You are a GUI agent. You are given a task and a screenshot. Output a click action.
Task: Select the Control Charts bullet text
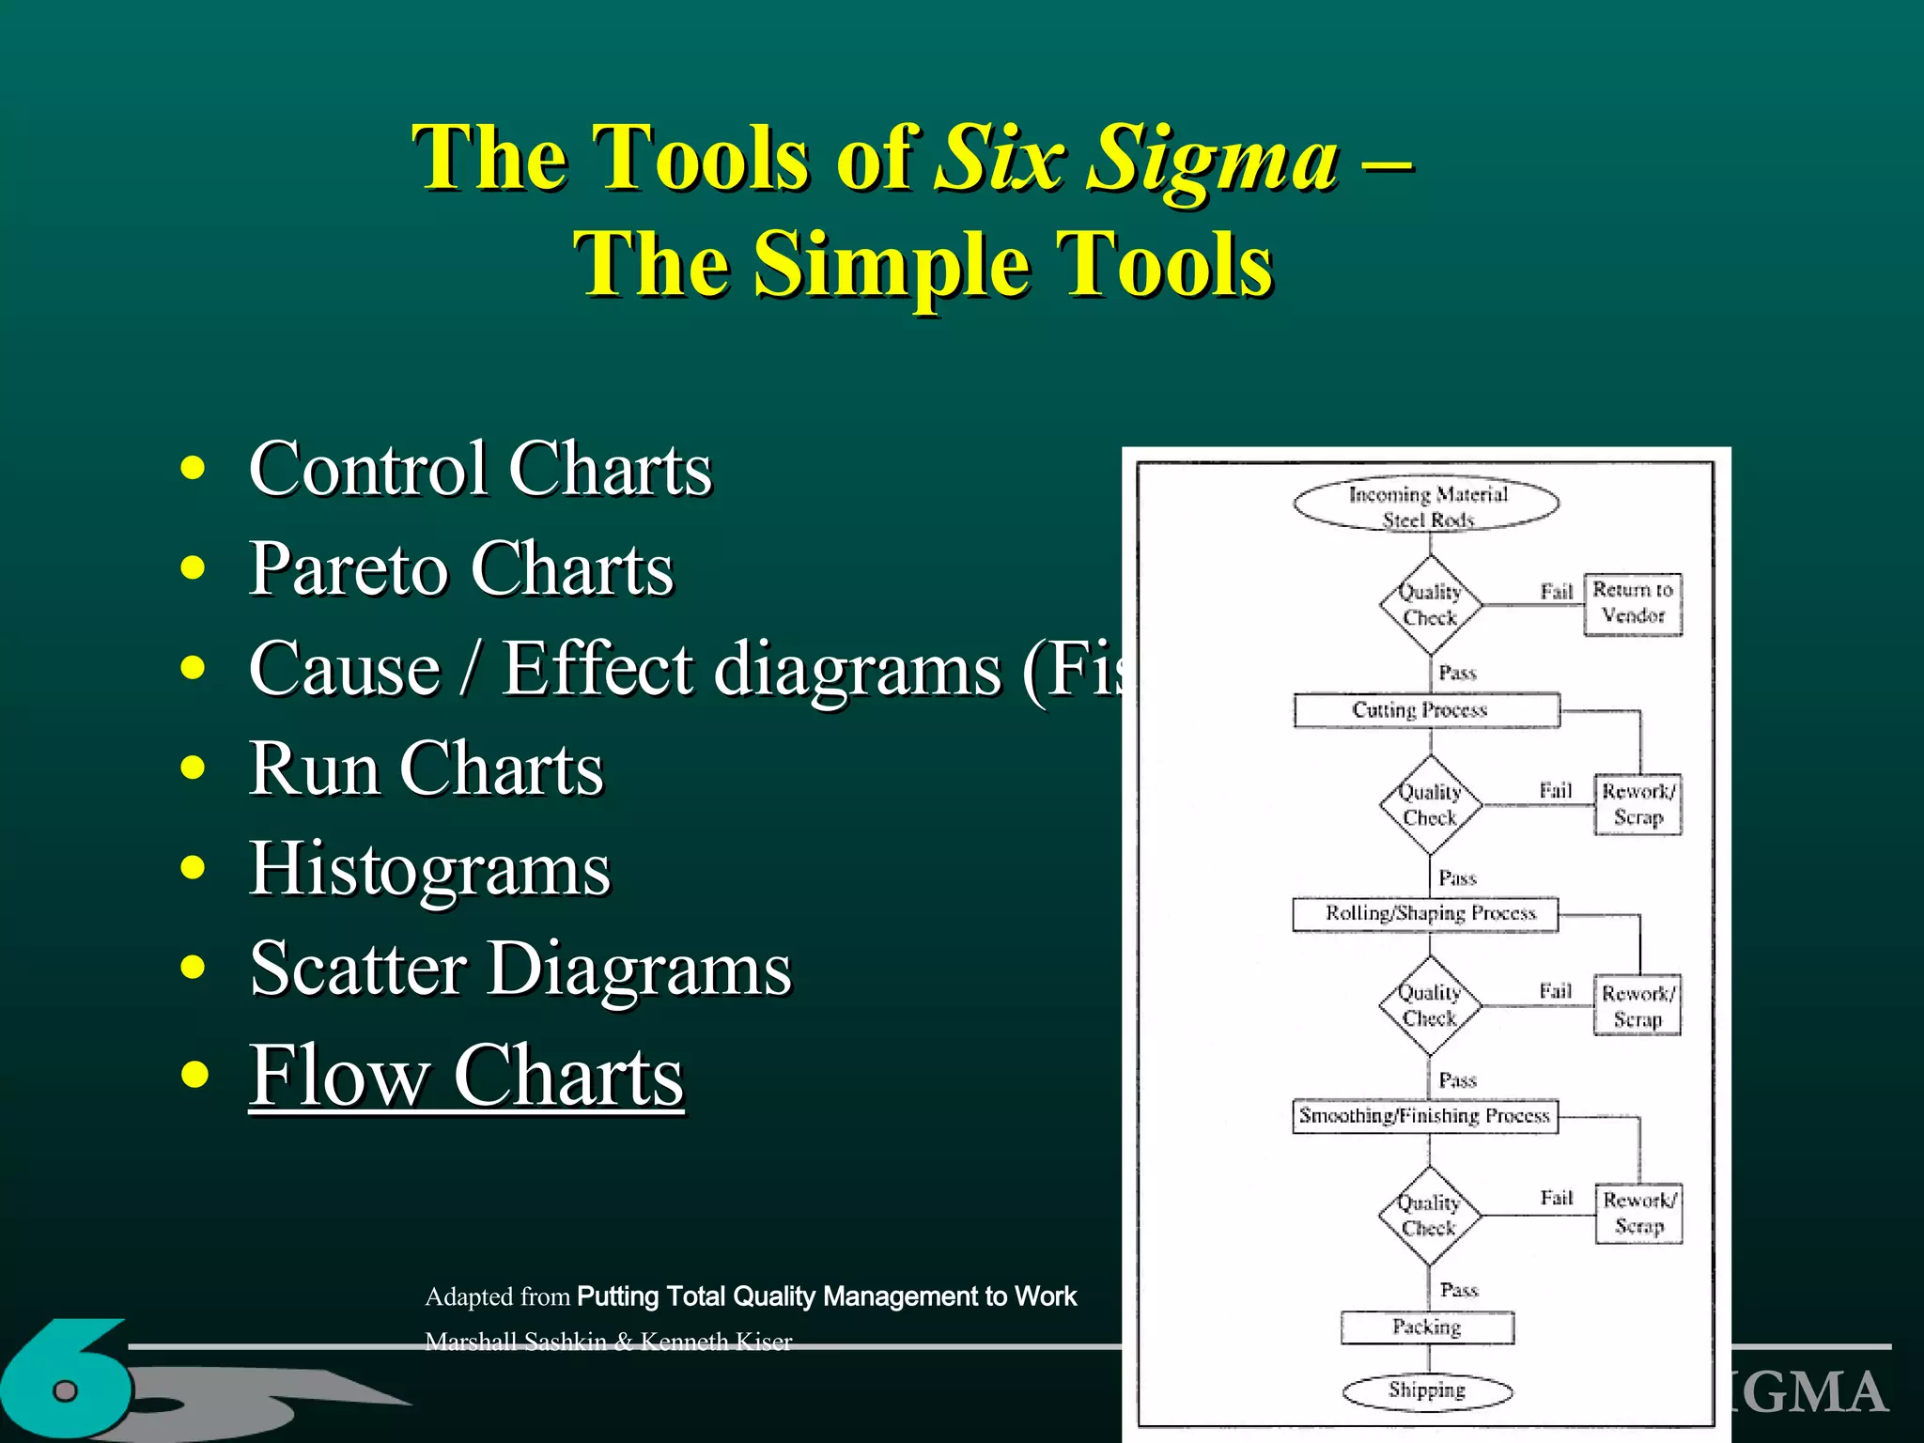point(480,469)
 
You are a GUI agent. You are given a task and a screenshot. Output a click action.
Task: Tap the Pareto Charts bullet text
point(460,569)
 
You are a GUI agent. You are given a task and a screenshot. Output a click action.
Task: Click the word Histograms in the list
point(429,869)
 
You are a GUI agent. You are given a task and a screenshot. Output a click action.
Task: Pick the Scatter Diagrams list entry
point(520,969)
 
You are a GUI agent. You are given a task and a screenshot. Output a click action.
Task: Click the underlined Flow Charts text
point(466,1077)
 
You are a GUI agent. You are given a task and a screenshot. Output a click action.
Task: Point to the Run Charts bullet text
point(426,768)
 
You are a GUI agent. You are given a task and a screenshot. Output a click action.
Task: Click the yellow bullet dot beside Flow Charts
point(194,1074)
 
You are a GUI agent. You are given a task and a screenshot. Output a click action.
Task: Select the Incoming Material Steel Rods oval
point(1426,504)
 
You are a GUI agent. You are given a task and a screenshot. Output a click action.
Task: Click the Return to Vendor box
point(1633,603)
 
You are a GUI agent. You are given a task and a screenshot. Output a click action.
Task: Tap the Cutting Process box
point(1425,710)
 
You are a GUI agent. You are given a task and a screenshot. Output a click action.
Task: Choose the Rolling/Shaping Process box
point(1425,914)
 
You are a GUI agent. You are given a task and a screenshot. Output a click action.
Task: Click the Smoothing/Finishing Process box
point(1425,1116)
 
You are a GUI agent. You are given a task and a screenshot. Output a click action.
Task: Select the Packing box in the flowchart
point(1426,1327)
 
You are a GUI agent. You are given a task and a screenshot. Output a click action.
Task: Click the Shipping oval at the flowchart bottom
point(1426,1391)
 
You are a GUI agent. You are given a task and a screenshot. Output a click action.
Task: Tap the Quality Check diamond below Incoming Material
point(1430,605)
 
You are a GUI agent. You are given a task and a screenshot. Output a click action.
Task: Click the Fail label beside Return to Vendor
point(1556,592)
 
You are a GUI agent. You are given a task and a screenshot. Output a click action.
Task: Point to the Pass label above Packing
point(1458,1290)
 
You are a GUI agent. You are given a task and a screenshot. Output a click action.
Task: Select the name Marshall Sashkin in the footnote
point(514,1342)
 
